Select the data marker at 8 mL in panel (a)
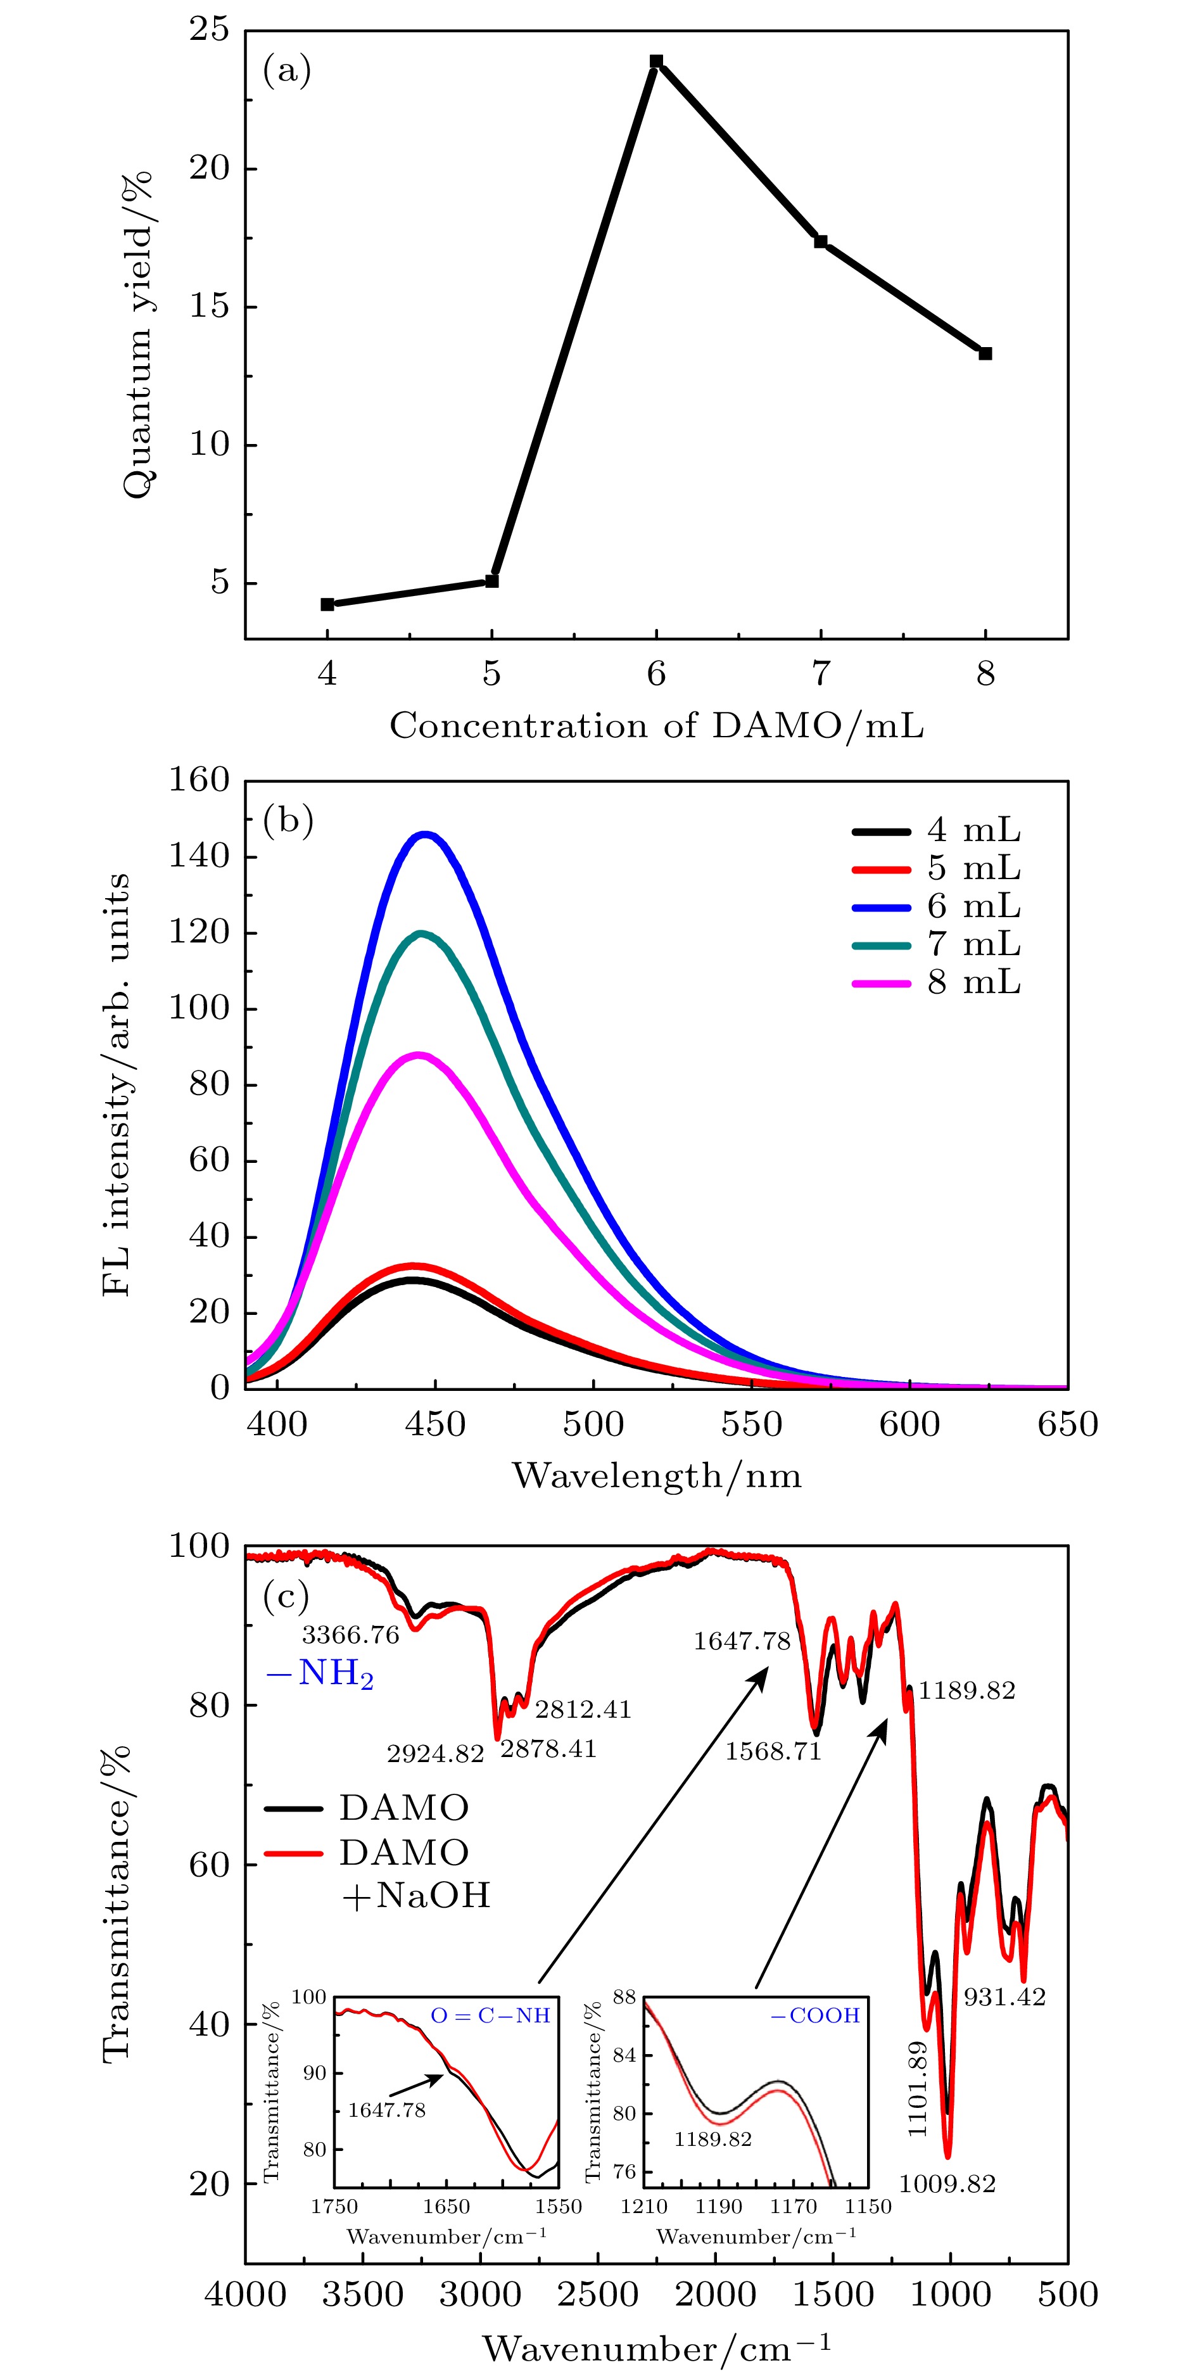pos(985,353)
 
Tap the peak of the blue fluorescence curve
pos(426,835)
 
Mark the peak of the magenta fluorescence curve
pos(419,1054)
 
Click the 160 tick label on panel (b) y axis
pos(199,780)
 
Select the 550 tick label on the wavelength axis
pos(752,1423)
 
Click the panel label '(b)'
pos(288,820)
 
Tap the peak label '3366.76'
pos(351,1635)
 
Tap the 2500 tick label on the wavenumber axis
pos(598,2295)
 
